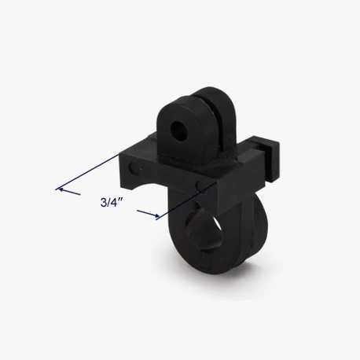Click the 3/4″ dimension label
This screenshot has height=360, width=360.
tap(112, 203)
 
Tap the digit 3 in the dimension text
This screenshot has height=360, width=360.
tap(103, 203)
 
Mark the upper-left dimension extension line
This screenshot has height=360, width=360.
tap(87, 172)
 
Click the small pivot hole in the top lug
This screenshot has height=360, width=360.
tap(178, 129)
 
